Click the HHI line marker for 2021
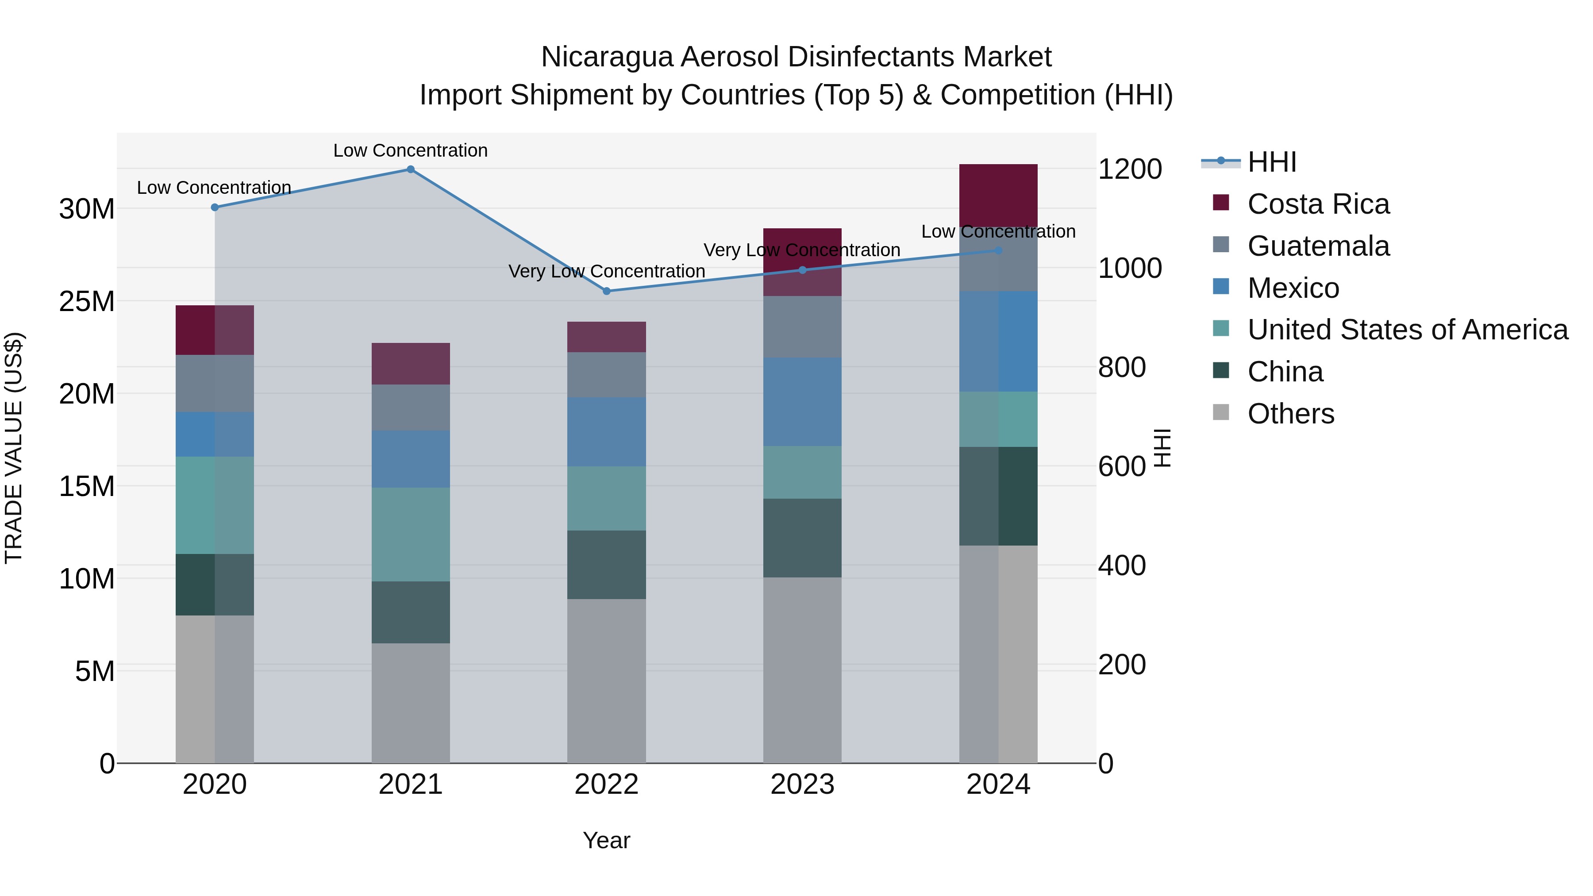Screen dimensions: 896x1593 click(411, 169)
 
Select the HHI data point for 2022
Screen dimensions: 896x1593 click(607, 291)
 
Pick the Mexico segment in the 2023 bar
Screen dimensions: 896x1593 click(802, 402)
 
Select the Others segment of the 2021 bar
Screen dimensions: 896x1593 click(411, 703)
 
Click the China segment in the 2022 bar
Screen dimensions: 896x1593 click(607, 565)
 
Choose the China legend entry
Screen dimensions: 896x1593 click(1285, 372)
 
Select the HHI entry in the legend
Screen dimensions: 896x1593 click(1271, 162)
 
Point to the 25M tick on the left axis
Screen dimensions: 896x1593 click(87, 302)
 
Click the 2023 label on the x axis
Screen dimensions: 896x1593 click(802, 784)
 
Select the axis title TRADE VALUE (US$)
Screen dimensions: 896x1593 click(14, 448)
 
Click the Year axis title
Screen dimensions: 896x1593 click(606, 840)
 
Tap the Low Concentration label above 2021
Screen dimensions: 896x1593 click(411, 150)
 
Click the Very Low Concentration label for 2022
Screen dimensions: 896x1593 click(607, 272)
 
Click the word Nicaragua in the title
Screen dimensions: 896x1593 click(606, 57)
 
